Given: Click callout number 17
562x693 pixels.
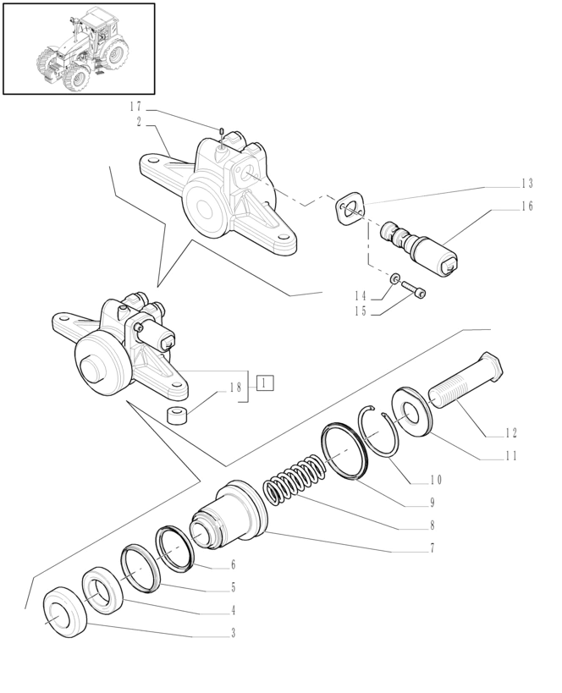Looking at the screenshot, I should pos(135,107).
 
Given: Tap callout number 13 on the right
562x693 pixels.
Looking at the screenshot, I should pos(526,184).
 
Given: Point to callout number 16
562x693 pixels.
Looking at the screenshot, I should pos(526,206).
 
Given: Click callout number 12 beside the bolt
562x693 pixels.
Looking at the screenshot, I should pos(510,433).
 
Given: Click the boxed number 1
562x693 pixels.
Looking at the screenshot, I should pos(265,383).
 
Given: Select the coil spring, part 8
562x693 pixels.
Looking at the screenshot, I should pos(292,486).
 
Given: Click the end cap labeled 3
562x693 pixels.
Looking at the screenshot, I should pos(63,611).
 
